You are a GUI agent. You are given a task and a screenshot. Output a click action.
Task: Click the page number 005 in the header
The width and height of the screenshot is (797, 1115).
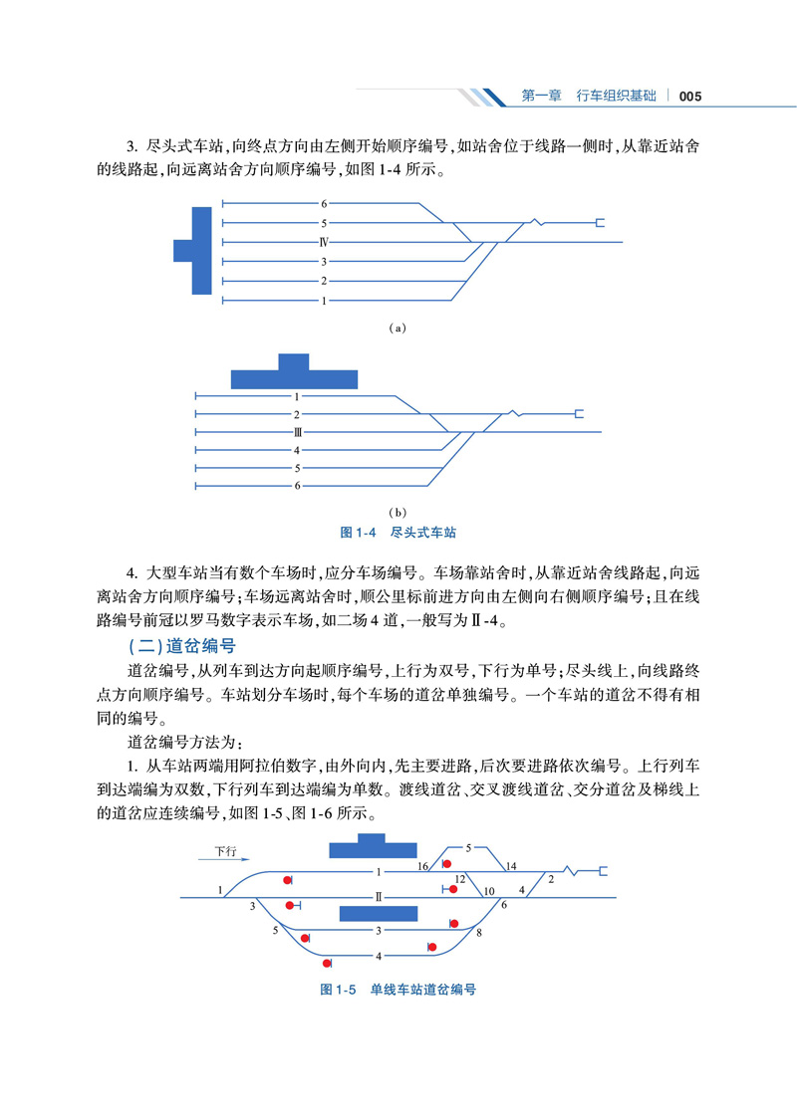[x=691, y=97]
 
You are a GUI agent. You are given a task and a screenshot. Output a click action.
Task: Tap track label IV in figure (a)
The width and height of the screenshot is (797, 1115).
[x=324, y=242]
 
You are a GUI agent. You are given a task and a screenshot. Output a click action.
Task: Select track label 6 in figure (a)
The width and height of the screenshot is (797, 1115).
[x=324, y=204]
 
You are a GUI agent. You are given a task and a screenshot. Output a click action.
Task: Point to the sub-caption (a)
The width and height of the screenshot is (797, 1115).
[x=398, y=327]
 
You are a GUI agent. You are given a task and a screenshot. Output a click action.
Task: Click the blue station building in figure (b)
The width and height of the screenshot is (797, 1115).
[x=294, y=373]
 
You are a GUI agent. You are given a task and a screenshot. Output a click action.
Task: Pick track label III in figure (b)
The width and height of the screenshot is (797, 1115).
[x=297, y=432]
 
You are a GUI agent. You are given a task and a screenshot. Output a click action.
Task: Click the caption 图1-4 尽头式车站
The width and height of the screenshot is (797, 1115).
[x=398, y=534]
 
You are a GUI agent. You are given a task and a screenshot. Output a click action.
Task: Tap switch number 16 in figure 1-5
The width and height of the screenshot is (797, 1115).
[x=422, y=866]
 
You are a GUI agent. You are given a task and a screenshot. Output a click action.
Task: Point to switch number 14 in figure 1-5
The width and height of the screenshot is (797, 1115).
[x=512, y=865]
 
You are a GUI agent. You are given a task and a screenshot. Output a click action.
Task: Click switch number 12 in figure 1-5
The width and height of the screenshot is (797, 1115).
[x=459, y=879]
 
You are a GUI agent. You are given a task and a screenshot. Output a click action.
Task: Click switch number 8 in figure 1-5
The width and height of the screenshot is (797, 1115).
[x=479, y=933]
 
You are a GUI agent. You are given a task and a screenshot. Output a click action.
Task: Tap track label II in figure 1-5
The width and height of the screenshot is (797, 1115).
[x=379, y=897]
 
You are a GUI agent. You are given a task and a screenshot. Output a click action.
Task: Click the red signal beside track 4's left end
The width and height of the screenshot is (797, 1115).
[x=327, y=963]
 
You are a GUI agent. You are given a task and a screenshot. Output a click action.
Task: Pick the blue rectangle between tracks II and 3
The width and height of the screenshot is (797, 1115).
[x=378, y=914]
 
